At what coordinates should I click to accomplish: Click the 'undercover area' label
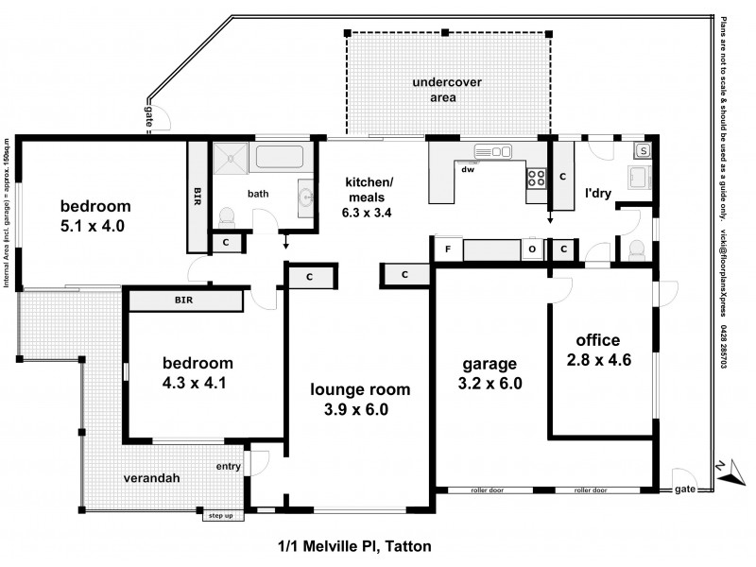[x=447, y=90]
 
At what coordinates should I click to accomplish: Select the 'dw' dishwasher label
[x=467, y=171]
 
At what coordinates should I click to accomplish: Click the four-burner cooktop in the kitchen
[x=537, y=176]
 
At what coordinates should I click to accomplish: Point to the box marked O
[x=533, y=249]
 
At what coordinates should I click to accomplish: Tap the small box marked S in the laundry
[x=643, y=150]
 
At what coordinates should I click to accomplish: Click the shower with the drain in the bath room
[x=228, y=158]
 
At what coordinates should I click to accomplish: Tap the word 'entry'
[x=229, y=467]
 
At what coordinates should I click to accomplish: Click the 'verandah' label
[x=152, y=478]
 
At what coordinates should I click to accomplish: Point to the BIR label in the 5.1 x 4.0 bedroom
[x=198, y=196]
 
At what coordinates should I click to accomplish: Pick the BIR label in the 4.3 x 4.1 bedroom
[x=184, y=300]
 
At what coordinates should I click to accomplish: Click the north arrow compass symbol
[x=723, y=469]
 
